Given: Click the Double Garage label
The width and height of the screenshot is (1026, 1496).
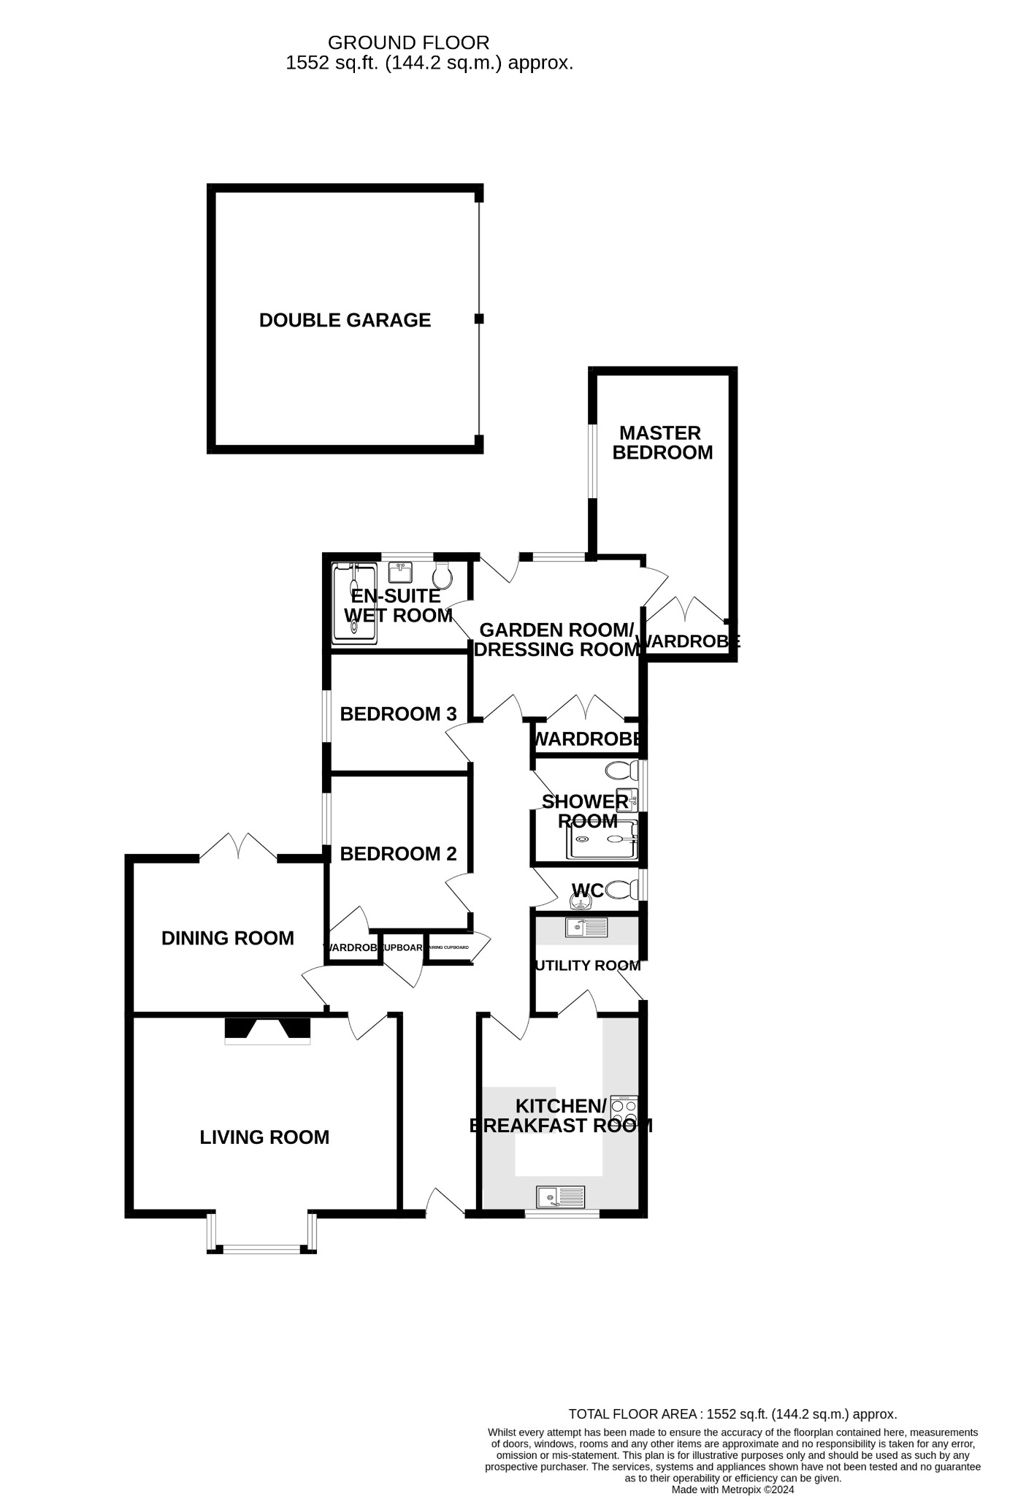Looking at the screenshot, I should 345,320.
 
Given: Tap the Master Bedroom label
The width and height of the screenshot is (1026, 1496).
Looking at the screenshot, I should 662,443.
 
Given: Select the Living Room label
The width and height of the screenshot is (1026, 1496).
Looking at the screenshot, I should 264,1137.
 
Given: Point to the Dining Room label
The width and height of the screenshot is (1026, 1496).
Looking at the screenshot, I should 227,938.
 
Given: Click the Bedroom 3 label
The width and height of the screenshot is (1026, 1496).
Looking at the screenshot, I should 398,714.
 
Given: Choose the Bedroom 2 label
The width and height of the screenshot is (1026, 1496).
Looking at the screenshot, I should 398,853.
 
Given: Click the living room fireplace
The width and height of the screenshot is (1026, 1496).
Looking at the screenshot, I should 267,1030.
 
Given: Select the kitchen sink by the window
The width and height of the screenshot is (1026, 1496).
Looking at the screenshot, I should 561,1197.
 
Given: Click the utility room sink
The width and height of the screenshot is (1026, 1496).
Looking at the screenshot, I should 586,928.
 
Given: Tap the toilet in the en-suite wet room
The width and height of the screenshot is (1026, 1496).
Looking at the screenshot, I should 442,576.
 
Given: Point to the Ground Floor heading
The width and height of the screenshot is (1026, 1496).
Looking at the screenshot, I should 408,43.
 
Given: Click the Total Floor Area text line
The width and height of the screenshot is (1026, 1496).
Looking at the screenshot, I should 732,1414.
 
